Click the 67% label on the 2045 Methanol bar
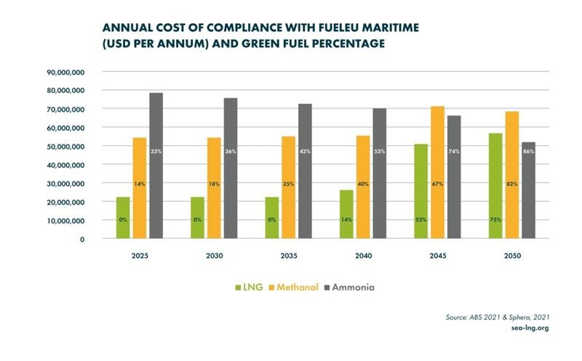click(x=438, y=184)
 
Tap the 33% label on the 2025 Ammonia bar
click(x=156, y=151)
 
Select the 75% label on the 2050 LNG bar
click(x=495, y=217)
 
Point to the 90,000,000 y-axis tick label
click(x=65, y=72)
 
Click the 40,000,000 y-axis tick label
click(x=65, y=165)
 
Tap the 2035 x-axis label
click(x=290, y=256)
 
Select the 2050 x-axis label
click(x=512, y=256)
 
